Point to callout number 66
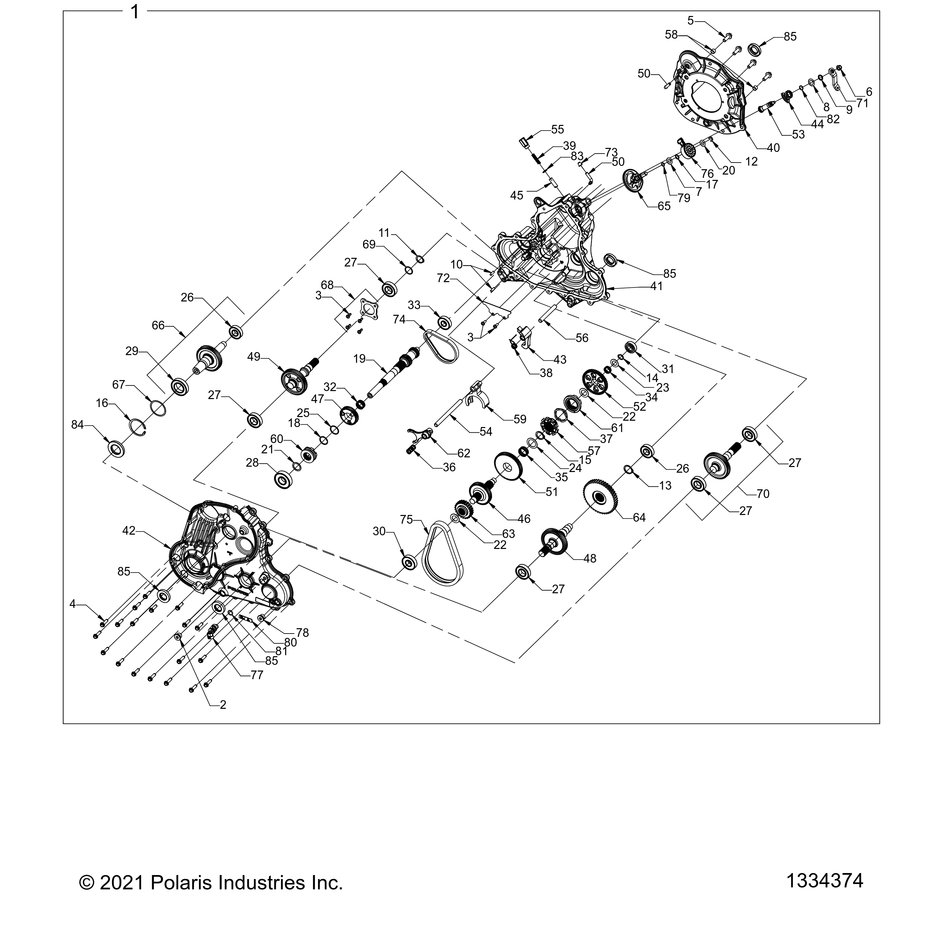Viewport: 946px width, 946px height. click(x=158, y=325)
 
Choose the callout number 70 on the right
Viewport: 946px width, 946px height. click(x=763, y=494)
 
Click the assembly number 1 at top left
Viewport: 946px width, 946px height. click(x=135, y=11)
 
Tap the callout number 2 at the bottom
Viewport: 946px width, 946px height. click(x=223, y=705)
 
